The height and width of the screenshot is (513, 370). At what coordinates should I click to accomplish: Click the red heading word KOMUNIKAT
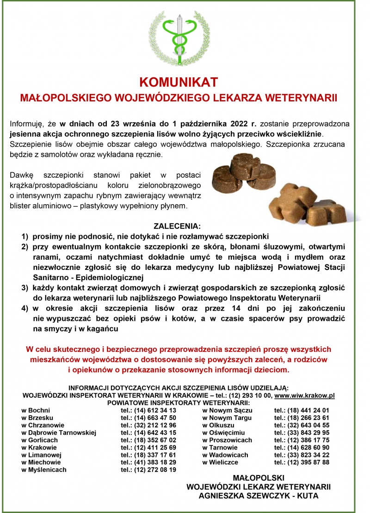179,82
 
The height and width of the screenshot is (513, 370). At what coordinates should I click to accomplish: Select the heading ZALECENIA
178,227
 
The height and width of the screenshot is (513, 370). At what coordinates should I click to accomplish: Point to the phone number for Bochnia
148,410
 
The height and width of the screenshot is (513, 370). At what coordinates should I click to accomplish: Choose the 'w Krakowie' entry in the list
39,447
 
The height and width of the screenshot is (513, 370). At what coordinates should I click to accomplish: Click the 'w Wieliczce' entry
220,462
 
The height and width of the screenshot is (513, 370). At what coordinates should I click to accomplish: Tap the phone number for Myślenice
148,469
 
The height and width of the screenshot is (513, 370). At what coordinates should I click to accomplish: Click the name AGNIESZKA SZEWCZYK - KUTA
259,495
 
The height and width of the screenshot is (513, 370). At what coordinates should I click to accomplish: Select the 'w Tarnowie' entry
220,447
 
